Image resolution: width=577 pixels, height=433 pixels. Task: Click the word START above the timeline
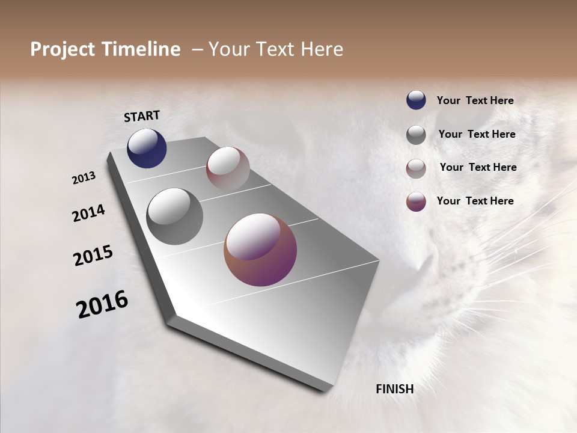(x=142, y=116)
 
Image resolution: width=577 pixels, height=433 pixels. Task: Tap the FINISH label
(x=394, y=389)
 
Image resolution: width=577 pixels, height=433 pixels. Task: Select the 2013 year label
(x=84, y=178)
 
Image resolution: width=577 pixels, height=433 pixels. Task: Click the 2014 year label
(x=88, y=213)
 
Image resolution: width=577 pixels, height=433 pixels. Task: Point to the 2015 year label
(x=93, y=256)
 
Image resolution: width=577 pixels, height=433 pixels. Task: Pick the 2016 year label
(x=102, y=304)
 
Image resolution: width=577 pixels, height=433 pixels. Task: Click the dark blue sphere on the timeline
(x=147, y=149)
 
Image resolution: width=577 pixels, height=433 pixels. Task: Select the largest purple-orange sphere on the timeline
(x=260, y=250)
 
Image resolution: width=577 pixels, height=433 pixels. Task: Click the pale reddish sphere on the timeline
(x=228, y=168)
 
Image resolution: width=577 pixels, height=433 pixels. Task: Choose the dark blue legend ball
(x=416, y=100)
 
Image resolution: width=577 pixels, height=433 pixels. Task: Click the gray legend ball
(x=416, y=135)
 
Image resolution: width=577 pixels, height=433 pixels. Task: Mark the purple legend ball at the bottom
(x=416, y=201)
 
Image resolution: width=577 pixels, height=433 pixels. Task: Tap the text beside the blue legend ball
(x=475, y=100)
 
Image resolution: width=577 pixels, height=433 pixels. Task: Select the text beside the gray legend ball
(x=477, y=134)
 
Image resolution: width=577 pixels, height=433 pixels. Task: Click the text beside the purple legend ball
(x=475, y=201)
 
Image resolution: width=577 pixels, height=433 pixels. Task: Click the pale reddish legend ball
(x=416, y=168)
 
